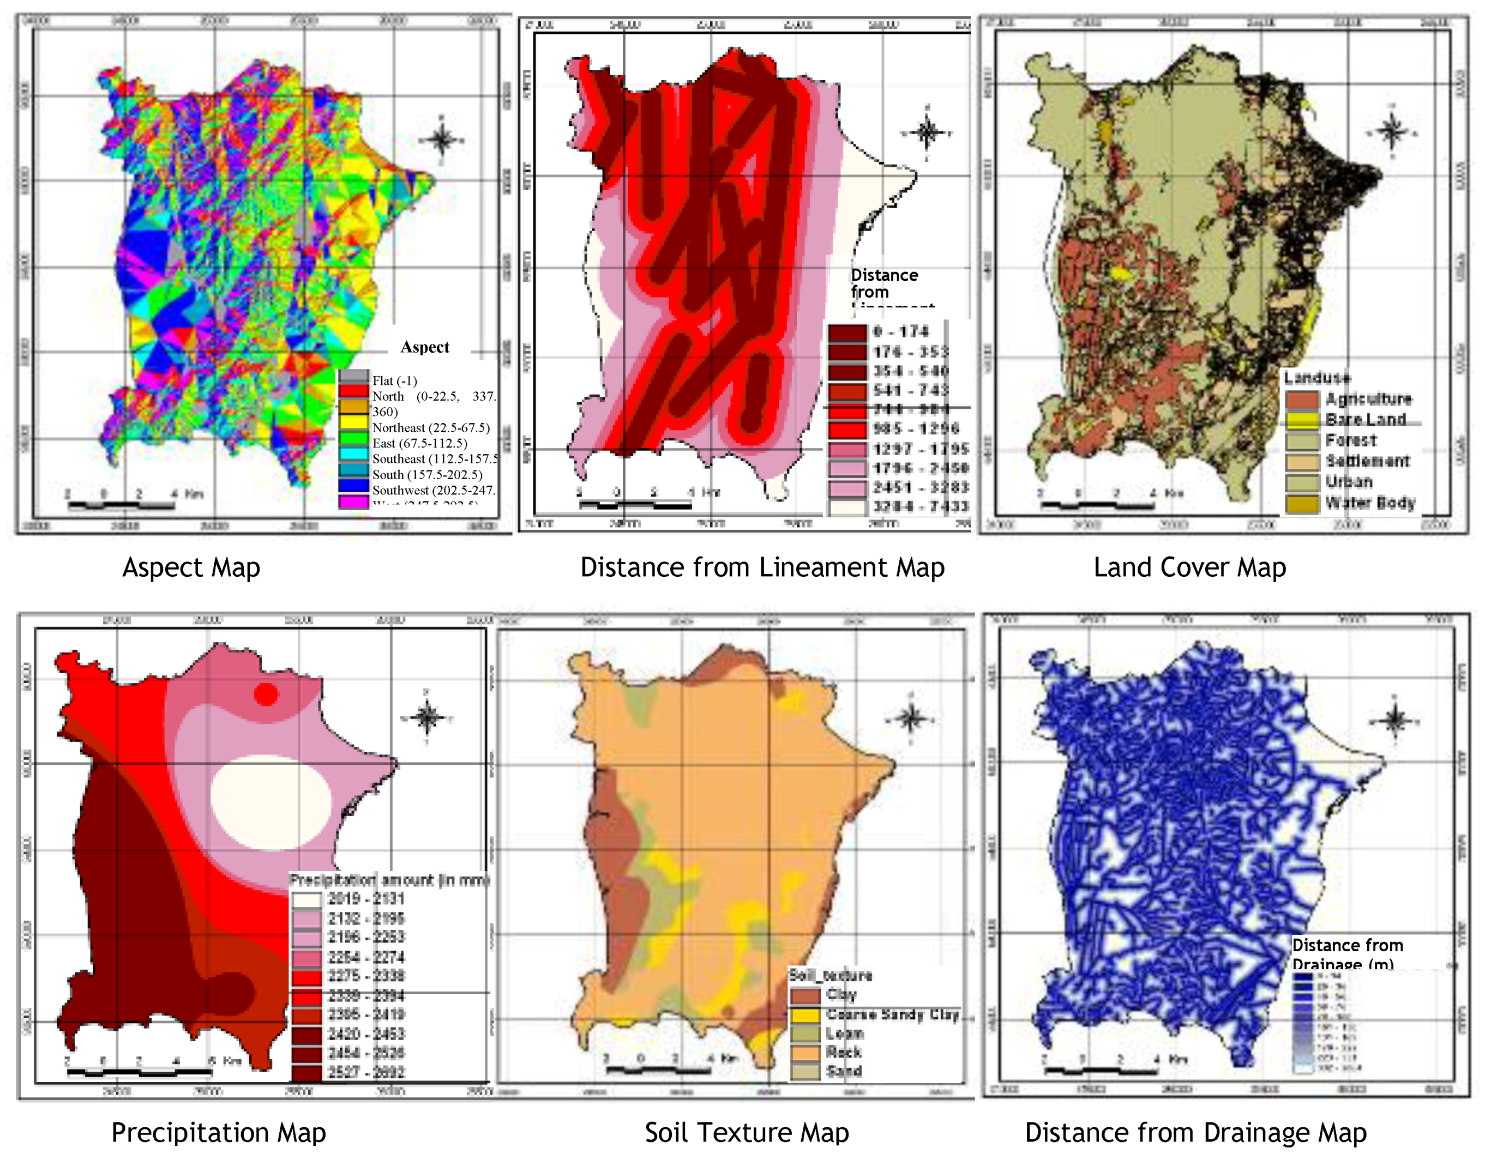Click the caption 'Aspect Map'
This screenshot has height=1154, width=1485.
pos(191,567)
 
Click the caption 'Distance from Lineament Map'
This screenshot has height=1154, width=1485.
pos(762,567)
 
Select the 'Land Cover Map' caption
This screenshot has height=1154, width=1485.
pos(1189,567)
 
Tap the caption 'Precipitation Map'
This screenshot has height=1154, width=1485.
pos(218,1132)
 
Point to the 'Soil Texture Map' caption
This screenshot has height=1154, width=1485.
pos(747,1132)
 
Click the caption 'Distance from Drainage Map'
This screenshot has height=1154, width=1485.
pos(1195,1132)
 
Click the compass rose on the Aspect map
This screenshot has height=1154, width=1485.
pos(441,140)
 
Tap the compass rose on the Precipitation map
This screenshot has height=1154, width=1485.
pos(427,717)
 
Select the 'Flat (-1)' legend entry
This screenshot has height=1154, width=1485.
pos(394,380)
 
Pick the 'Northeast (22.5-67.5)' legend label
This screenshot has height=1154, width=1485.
pos(430,427)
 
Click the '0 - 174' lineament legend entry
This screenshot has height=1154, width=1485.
pos(900,331)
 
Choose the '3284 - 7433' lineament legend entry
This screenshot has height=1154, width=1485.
pos(919,506)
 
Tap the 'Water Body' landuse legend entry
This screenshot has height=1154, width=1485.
pos(1369,503)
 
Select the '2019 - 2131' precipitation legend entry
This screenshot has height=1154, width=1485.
pos(366,898)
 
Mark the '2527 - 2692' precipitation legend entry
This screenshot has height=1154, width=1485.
pos(366,1072)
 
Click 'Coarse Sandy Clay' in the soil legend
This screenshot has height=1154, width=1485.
pos(892,1014)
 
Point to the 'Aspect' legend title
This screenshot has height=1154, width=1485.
pos(424,347)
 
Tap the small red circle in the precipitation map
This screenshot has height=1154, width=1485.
pos(266,694)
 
